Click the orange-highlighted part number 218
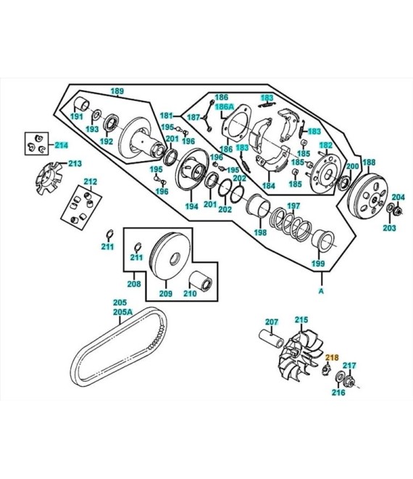tap(332, 357)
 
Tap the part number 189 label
tap(117, 91)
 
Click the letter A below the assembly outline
tap(321, 291)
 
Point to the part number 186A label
tap(225, 107)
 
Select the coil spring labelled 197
tap(291, 224)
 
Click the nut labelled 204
tap(398, 210)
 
